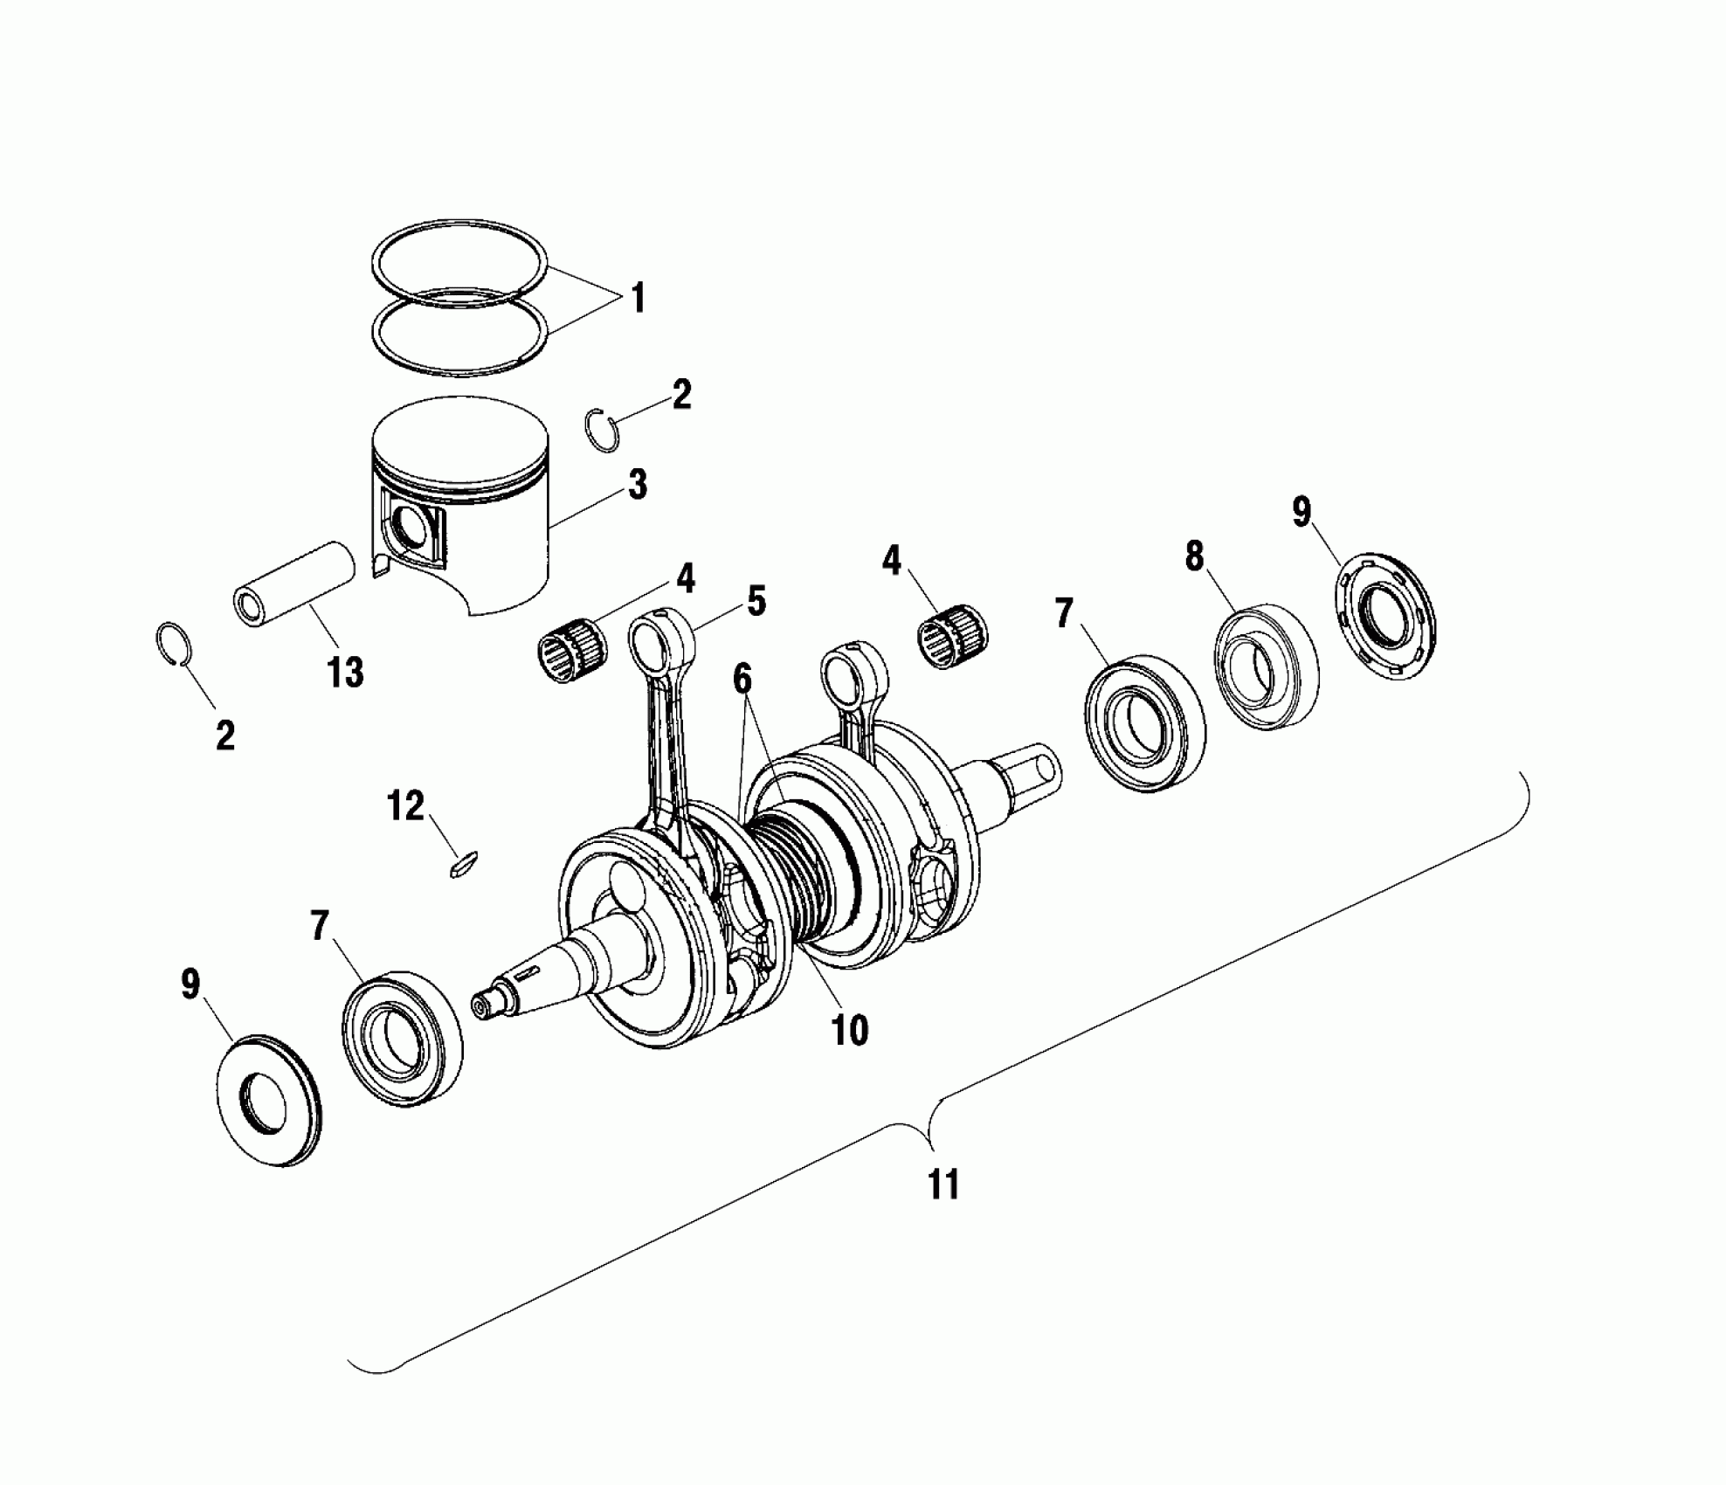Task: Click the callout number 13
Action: coord(346,673)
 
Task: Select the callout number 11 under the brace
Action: coord(943,1185)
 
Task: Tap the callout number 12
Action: coord(405,806)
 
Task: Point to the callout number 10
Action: coord(850,1030)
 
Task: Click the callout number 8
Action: coord(1194,556)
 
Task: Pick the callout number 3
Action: coord(638,484)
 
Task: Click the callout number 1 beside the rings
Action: coord(638,299)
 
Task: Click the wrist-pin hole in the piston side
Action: coord(409,528)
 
